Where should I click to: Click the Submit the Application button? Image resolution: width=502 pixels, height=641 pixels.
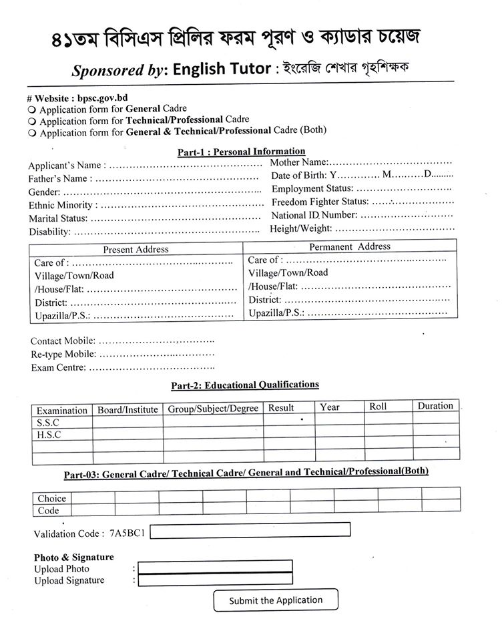pyautogui.click(x=276, y=600)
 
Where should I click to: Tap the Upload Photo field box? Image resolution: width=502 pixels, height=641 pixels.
pyautogui.click(x=215, y=567)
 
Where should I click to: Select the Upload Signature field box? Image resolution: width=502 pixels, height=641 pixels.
pyautogui.click(x=215, y=580)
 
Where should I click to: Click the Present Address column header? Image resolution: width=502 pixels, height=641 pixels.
pyautogui.click(x=136, y=249)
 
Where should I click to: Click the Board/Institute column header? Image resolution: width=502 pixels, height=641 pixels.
pyautogui.click(x=128, y=409)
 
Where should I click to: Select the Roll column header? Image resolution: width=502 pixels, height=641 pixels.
pyautogui.click(x=378, y=407)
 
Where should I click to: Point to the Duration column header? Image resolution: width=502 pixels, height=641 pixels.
pyautogui.click(x=435, y=406)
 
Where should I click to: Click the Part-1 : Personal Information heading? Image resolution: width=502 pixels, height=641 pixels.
pyautogui.click(x=241, y=152)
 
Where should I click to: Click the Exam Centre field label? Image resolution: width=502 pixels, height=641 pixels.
pyautogui.click(x=58, y=367)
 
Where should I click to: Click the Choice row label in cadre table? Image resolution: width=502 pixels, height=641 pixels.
pyautogui.click(x=51, y=498)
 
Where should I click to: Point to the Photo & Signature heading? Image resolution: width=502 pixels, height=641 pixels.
pyautogui.click(x=73, y=557)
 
